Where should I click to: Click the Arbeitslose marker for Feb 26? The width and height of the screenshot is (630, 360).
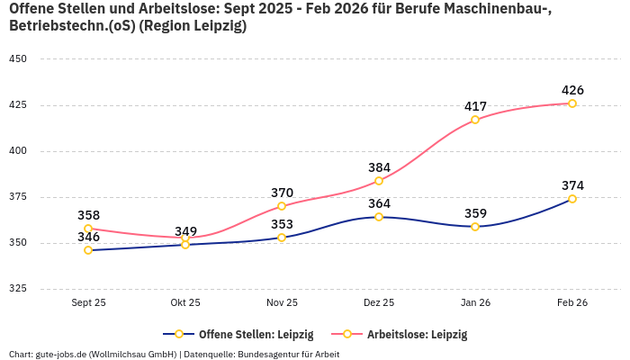click(x=572, y=103)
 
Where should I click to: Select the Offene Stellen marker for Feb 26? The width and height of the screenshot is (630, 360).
click(x=572, y=199)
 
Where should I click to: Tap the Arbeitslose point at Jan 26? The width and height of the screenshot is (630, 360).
click(x=475, y=120)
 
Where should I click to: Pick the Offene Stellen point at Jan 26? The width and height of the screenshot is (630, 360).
click(x=475, y=227)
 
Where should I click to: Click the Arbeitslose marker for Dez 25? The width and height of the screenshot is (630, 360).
click(x=379, y=181)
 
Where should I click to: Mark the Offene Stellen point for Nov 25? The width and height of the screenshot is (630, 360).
click(x=282, y=238)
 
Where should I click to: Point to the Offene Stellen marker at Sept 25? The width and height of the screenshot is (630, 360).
click(x=88, y=250)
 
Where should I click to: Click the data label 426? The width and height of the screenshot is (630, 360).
click(x=572, y=90)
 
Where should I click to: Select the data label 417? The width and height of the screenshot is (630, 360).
click(x=475, y=106)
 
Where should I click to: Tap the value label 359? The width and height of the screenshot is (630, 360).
click(x=475, y=213)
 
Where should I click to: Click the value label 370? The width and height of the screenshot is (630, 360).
click(x=282, y=193)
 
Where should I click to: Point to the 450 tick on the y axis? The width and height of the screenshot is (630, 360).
click(x=18, y=58)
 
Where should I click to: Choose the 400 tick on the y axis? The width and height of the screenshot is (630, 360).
click(x=18, y=150)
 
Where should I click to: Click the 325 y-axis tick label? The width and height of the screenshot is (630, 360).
click(x=18, y=289)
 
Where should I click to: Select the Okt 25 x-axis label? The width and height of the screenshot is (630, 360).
click(x=185, y=303)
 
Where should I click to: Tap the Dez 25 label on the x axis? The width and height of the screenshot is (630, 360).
click(x=379, y=303)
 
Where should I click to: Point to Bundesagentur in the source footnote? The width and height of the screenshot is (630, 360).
click(x=273, y=354)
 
